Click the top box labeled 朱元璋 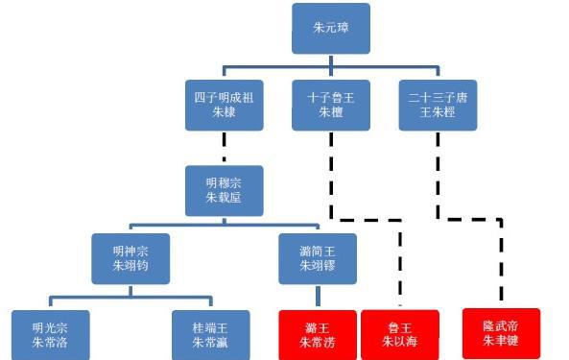pos(331,29)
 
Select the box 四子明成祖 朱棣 pos(224,105)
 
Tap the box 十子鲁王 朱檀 pos(331,105)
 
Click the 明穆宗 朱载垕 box pos(224,189)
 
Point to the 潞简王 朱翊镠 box pos(318,257)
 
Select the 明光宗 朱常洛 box pos(49,334)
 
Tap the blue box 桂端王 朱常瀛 pos(210,334)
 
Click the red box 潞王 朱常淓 pos(317,334)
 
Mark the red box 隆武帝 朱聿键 pos(501,332)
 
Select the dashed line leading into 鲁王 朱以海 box pos(400,269)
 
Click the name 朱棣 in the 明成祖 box pos(224,113)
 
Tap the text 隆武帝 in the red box pos(501,324)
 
